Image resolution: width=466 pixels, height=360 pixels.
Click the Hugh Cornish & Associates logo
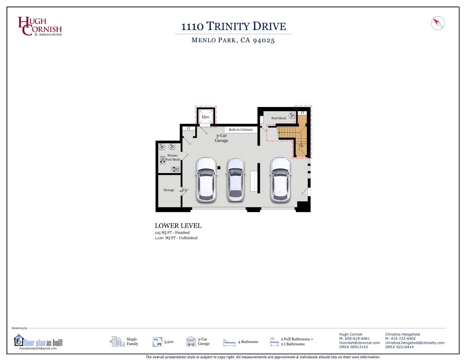(40, 26)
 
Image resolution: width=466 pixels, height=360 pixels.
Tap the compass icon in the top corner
(438, 23)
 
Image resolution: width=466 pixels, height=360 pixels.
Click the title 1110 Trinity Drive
(233, 26)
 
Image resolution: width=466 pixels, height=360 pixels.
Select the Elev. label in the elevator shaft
(206, 117)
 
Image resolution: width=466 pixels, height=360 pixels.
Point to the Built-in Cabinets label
(241, 130)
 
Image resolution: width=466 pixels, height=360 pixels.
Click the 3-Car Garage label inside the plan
(221, 138)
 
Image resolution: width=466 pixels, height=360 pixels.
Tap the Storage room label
(169, 190)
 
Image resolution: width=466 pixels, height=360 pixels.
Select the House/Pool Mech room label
(173, 157)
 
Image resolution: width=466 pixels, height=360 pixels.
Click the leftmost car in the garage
(206, 180)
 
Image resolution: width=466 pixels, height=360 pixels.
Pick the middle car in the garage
(235, 180)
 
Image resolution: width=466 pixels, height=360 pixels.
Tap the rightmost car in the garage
(280, 180)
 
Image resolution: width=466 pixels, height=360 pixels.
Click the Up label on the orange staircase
(301, 146)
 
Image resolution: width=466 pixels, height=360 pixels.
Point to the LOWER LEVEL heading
(178, 226)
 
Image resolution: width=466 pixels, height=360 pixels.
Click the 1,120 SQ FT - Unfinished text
(176, 238)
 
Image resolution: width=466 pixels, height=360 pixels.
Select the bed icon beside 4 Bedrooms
(229, 342)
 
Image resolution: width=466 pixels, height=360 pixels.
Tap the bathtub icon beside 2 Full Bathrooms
(274, 342)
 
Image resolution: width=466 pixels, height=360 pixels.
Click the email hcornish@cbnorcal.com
(359, 343)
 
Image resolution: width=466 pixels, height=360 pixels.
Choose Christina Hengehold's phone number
(400, 339)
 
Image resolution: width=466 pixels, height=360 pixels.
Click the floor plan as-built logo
(38, 342)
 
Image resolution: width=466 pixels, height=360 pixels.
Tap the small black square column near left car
(219, 168)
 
